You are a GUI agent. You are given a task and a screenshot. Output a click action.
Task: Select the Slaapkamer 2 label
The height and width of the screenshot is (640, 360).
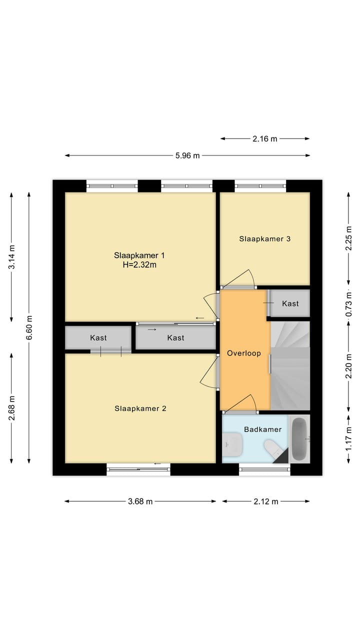[x=140, y=408]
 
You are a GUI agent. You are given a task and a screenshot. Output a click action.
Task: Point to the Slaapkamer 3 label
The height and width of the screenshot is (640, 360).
[x=265, y=238]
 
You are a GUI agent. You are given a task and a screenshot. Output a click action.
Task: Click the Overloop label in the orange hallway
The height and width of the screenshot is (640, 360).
[x=244, y=353]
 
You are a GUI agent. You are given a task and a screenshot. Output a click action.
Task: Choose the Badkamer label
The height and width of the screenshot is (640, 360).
[x=262, y=429]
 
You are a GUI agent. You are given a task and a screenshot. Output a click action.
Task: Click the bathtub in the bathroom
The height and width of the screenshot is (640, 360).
[x=299, y=439]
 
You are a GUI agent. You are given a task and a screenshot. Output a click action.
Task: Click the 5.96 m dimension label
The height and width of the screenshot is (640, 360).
[x=187, y=155]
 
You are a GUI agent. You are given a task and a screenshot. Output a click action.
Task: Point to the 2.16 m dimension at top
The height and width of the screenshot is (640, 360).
[x=265, y=139]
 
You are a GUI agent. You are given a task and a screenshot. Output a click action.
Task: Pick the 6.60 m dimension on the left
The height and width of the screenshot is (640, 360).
[x=29, y=328]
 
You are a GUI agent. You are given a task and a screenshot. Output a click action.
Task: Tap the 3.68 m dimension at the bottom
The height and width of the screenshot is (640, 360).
[x=140, y=501]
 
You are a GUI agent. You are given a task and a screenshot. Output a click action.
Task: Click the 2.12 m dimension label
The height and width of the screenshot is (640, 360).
[x=265, y=501]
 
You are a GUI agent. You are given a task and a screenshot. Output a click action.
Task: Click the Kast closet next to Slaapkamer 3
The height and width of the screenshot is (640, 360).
[x=290, y=303]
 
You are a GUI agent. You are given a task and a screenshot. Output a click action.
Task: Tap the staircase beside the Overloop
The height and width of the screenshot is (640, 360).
[x=290, y=365]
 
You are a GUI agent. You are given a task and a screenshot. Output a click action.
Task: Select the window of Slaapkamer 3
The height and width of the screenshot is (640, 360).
[x=260, y=186]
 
